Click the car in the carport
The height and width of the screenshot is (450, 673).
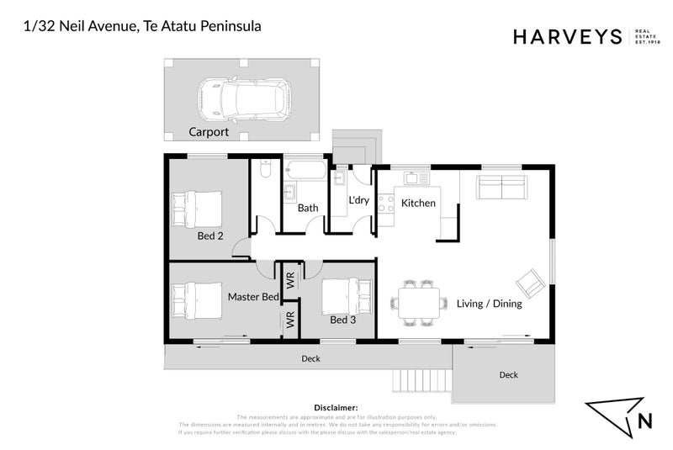pos(242,98)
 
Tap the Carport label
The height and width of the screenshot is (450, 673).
pos(208,132)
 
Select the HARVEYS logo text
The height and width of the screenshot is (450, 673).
pos(566,36)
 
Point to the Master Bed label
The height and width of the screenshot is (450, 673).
pos(253,297)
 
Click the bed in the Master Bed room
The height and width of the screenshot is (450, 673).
pos(198,300)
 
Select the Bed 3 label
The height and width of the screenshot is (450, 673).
pos(343,320)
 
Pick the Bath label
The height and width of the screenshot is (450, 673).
pos(307,208)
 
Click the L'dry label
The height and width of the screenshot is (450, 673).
pos(359,200)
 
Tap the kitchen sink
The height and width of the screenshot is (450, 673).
pos(416,178)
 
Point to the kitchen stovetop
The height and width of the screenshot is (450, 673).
pos(385,203)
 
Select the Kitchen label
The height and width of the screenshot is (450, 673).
pos(418,204)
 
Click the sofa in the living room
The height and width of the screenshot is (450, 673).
pos(501,187)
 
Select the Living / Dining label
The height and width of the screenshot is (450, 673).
pos(489,304)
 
